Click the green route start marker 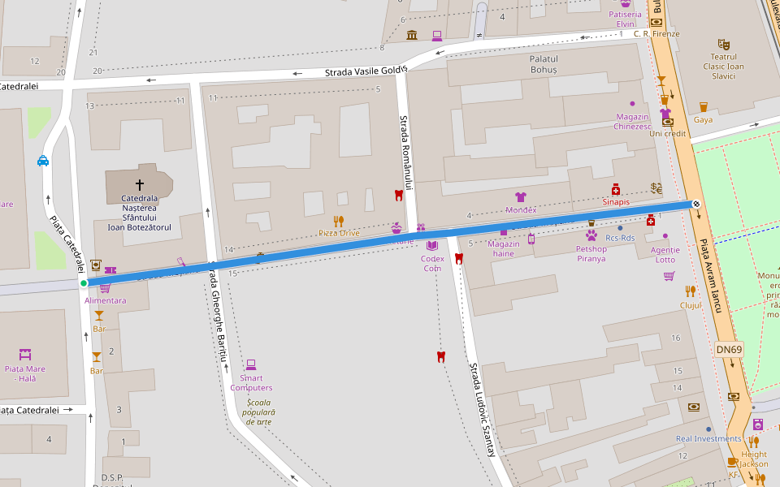[x=84, y=283]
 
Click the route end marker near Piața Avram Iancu [x=696, y=204]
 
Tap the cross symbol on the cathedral [x=140, y=184]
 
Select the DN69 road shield [x=730, y=350]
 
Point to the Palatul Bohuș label [x=544, y=64]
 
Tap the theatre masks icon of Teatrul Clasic [x=723, y=44]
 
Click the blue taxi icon [x=43, y=161]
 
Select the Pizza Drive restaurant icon [x=339, y=221]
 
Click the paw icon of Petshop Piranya [x=591, y=235]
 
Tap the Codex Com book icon [x=432, y=245]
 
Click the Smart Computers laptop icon [x=251, y=364]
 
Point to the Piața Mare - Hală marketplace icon [x=24, y=355]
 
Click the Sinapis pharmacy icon [x=616, y=189]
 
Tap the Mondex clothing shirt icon [x=521, y=197]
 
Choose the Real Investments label [x=708, y=439]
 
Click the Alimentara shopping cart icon [x=104, y=287]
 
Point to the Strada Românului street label [x=405, y=152]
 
